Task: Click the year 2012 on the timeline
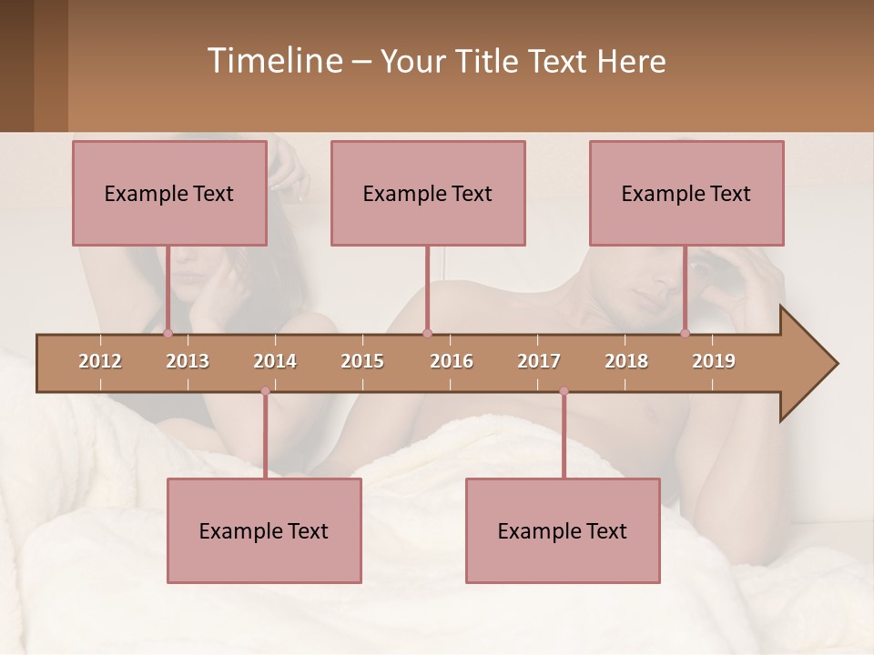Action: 100,361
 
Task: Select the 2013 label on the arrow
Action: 188,361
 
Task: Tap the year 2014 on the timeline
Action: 275,361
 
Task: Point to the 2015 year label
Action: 362,361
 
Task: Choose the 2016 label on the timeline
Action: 452,361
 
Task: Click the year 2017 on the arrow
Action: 539,361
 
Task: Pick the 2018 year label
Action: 626,361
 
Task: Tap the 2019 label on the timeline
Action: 714,361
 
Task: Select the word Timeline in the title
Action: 273,61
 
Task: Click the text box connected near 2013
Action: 169,193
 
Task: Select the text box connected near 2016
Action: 428,193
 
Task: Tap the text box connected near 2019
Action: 686,193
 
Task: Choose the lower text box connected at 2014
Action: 264,530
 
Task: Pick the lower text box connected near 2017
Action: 563,530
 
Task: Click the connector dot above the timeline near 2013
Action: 168,333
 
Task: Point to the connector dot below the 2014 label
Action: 265,391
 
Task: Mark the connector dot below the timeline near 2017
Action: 564,391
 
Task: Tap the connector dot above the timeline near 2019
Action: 685,333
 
